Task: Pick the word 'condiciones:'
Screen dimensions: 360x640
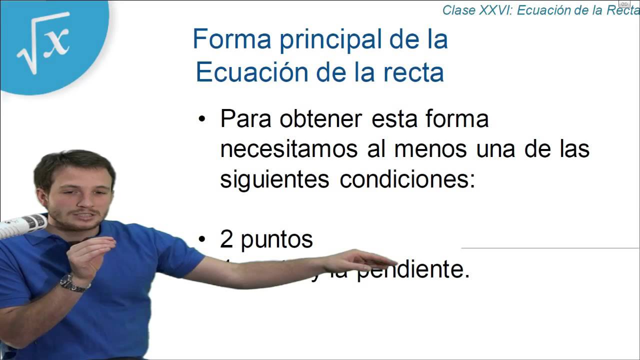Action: [407, 179]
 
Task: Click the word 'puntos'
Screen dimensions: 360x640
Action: [276, 240]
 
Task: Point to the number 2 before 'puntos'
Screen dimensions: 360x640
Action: [226, 239]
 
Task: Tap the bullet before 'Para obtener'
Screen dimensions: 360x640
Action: [202, 120]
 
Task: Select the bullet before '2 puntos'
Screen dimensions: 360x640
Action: [202, 240]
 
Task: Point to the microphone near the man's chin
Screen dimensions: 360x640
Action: [22, 224]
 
